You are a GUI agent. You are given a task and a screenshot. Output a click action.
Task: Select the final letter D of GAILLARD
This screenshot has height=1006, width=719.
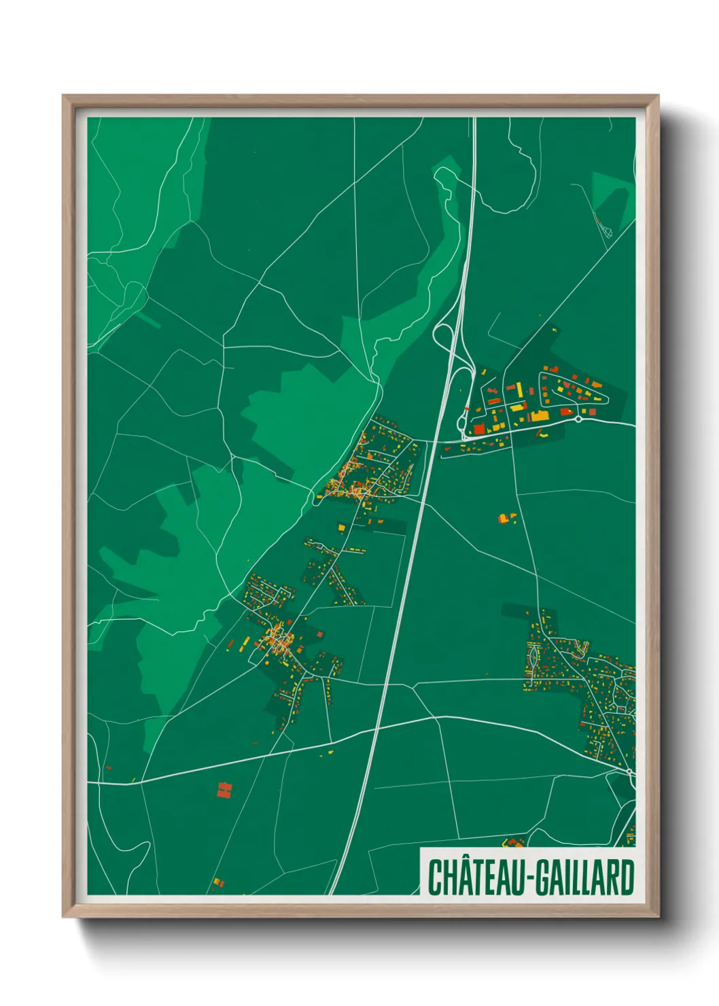[x=626, y=878]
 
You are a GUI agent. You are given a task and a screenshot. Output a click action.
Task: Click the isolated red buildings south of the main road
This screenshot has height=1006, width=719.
[x=224, y=789]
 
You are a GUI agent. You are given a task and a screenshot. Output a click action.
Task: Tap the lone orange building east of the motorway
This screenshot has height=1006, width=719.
[x=504, y=518]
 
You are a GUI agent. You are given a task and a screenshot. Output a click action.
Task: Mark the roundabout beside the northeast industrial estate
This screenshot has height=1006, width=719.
[x=578, y=419]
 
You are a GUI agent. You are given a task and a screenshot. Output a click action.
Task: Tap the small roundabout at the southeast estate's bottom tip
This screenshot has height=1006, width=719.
[x=631, y=771]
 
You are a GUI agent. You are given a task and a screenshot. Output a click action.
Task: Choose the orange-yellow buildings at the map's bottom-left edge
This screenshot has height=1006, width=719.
[x=217, y=882]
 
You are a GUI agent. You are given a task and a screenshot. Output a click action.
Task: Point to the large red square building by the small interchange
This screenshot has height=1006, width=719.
[x=479, y=428]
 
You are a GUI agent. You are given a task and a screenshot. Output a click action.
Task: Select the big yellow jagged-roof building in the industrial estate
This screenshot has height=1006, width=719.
[x=539, y=415]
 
